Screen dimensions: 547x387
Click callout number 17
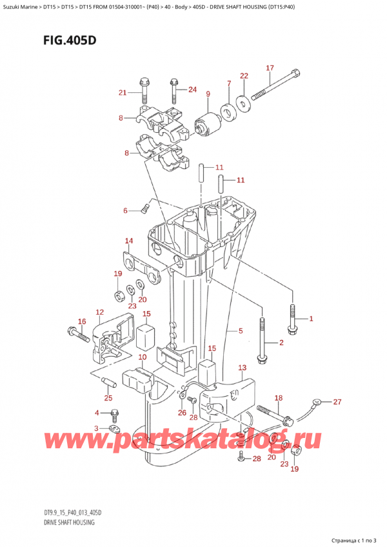click(x=270, y=68)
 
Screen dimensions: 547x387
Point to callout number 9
click(x=208, y=95)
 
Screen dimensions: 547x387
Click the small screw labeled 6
click(x=145, y=207)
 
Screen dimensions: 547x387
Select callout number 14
click(x=129, y=241)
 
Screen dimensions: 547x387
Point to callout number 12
click(x=99, y=313)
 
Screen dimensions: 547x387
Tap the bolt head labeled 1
click(x=292, y=319)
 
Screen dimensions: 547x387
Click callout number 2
click(x=281, y=343)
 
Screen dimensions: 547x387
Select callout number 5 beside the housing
click(x=240, y=332)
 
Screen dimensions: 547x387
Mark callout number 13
click(x=243, y=368)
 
